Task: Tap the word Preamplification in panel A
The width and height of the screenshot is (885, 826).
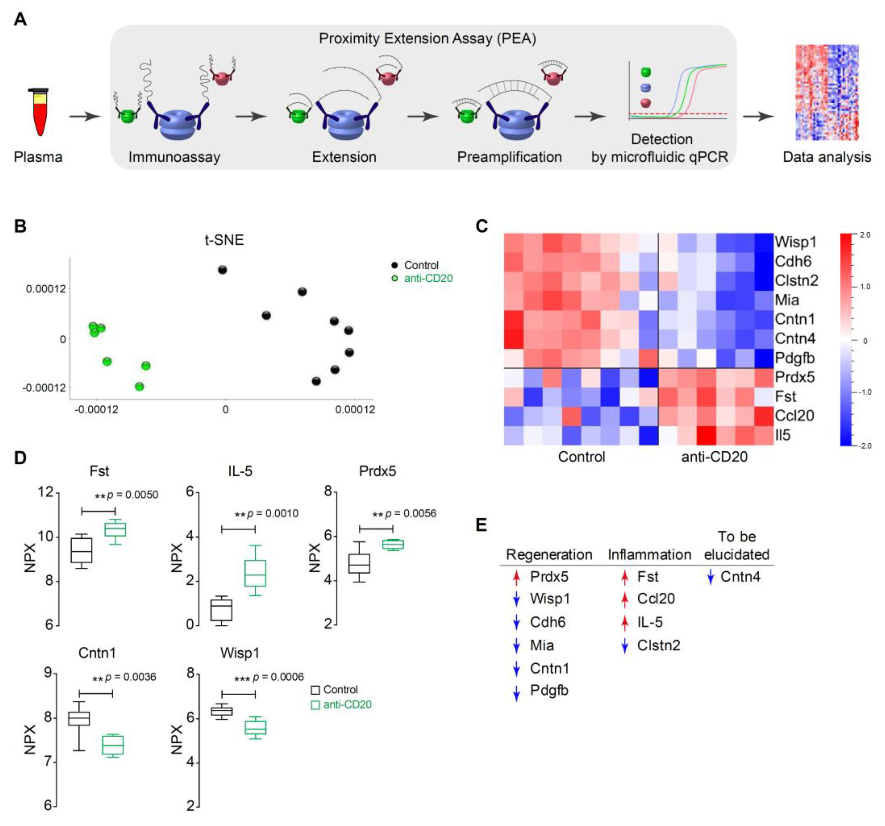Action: [509, 157]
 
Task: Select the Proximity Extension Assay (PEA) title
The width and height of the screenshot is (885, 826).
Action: [427, 39]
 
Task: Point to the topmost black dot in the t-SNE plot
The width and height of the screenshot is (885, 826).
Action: [222, 270]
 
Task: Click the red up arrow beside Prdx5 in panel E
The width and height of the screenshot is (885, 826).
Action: [516, 578]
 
